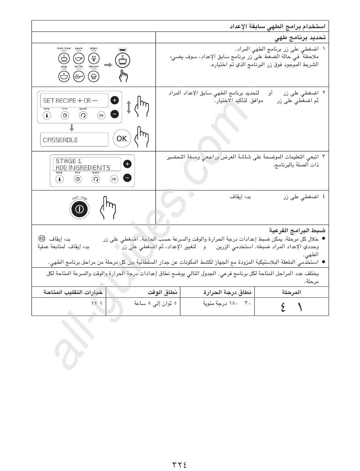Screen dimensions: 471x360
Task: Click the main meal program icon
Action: pyautogui.click(x=64, y=58)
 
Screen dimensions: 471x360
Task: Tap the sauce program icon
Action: pyautogui.click(x=78, y=58)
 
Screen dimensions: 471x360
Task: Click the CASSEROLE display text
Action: pyautogui.click(x=61, y=140)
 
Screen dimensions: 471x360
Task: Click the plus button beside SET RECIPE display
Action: pyautogui.click(x=115, y=100)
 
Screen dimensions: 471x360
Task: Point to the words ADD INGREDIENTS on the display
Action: pyautogui.click(x=83, y=167)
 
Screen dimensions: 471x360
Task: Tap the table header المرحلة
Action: pyautogui.click(x=291, y=292)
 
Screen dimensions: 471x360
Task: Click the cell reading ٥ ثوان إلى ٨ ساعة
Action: pyautogui.click(x=156, y=303)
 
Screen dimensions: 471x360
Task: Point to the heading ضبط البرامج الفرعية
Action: pyautogui.click(x=297, y=230)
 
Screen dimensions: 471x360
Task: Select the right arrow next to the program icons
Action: pyautogui.click(x=108, y=65)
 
